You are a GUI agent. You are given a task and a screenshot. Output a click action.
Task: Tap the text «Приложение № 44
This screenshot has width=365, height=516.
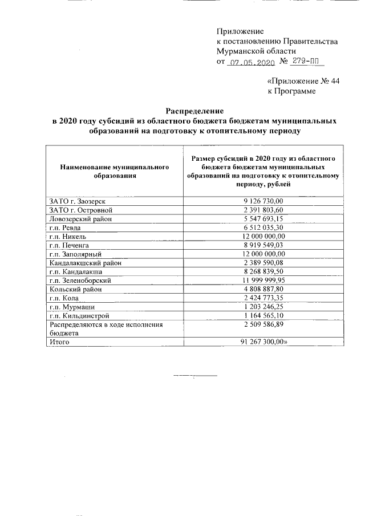point(303,81)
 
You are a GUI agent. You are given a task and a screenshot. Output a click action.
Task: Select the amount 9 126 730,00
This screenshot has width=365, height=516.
point(263,201)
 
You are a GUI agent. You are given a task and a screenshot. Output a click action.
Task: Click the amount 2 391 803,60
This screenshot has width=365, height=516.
point(263,210)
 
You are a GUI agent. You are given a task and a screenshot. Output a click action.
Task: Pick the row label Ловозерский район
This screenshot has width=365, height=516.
point(81,219)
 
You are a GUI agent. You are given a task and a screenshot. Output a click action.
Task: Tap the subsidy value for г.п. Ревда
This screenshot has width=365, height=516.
point(263,227)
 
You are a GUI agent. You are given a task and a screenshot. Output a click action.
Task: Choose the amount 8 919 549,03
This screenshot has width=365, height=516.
point(263,245)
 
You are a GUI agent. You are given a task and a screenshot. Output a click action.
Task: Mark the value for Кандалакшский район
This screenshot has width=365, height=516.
point(263,263)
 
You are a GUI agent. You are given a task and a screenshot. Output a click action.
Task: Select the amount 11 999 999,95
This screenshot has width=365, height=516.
point(263,281)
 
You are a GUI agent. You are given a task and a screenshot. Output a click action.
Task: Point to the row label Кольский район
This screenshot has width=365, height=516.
point(75,289)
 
